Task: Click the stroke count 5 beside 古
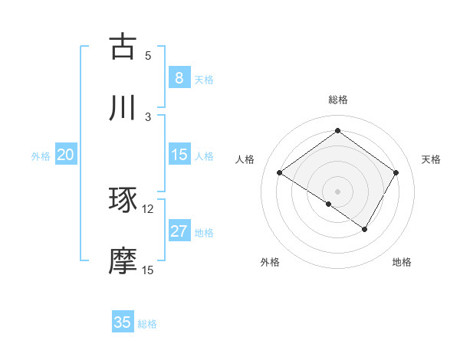[x=148, y=56]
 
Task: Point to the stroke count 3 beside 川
[x=148, y=116]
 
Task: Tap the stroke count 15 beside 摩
[x=148, y=270]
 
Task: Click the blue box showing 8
[x=179, y=77]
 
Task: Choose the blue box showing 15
[x=179, y=155]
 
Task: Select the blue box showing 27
[x=179, y=231]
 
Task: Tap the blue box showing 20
[x=65, y=155]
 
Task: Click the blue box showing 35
[x=123, y=322]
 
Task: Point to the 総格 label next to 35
[x=147, y=324]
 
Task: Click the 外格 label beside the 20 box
[x=41, y=156]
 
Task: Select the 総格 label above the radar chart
[x=337, y=100]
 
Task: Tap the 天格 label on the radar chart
[x=431, y=159]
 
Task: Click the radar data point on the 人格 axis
[x=279, y=173]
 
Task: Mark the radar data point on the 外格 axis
[x=329, y=204]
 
